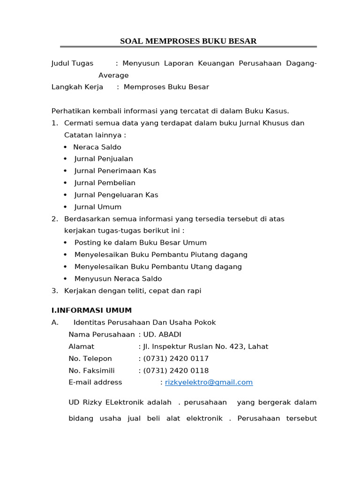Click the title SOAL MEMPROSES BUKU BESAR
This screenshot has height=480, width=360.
[188, 41]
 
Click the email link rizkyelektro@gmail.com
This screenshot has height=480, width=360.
[209, 382]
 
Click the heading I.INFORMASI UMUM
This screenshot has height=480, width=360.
[91, 310]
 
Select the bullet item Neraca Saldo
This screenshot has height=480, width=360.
[97, 147]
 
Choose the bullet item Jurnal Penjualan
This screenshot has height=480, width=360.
[104, 159]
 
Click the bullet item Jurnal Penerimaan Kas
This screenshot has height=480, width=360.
[115, 171]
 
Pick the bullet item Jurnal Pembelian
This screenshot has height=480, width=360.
[105, 183]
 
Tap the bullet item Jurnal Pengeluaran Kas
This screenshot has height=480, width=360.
[116, 195]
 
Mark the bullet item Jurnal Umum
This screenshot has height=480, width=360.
[98, 207]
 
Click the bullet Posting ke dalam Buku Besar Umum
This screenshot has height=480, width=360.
[140, 243]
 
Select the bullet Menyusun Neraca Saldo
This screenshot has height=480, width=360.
[118, 278]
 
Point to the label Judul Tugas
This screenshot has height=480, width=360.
[72, 63]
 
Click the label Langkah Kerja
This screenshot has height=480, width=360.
[77, 87]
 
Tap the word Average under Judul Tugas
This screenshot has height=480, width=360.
[113, 75]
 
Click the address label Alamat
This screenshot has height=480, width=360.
[82, 346]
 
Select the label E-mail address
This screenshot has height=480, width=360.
[95, 382]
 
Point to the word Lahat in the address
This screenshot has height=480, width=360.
[258, 346]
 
